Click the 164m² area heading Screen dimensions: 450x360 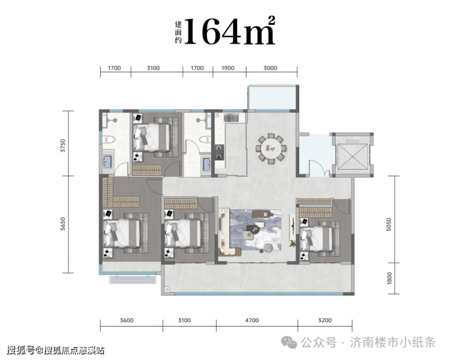point(230,31)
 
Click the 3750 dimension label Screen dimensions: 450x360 point(63,145)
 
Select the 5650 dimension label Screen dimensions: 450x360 point(63,224)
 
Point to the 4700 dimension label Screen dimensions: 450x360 point(252,320)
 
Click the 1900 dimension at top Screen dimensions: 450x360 point(228,68)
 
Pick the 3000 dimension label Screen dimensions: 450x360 point(271,68)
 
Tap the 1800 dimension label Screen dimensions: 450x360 point(389,278)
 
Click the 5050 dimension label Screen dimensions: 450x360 point(389,224)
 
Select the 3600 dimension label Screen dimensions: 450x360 point(126,320)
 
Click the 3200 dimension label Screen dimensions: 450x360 point(325,320)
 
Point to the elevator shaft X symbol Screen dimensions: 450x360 point(353,156)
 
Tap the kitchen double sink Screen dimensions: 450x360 point(231,117)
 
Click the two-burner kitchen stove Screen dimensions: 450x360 point(220,152)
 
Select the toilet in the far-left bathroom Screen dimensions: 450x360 point(109,139)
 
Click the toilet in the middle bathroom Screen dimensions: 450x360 point(204,139)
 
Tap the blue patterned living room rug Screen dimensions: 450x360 point(255,230)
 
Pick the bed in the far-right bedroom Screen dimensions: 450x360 point(320,238)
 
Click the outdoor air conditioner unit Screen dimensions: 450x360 point(133,279)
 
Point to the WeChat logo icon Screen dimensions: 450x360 point(289,342)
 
